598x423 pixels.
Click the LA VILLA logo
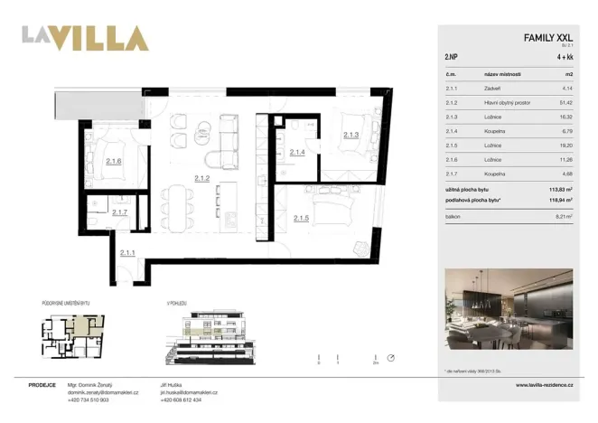[x=85, y=39]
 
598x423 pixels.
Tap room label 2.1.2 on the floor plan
[x=201, y=179]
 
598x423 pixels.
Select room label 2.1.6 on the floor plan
[x=114, y=162]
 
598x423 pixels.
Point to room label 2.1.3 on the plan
[x=351, y=135]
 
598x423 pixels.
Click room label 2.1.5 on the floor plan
[x=304, y=218]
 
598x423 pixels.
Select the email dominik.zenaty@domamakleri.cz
[x=107, y=392]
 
